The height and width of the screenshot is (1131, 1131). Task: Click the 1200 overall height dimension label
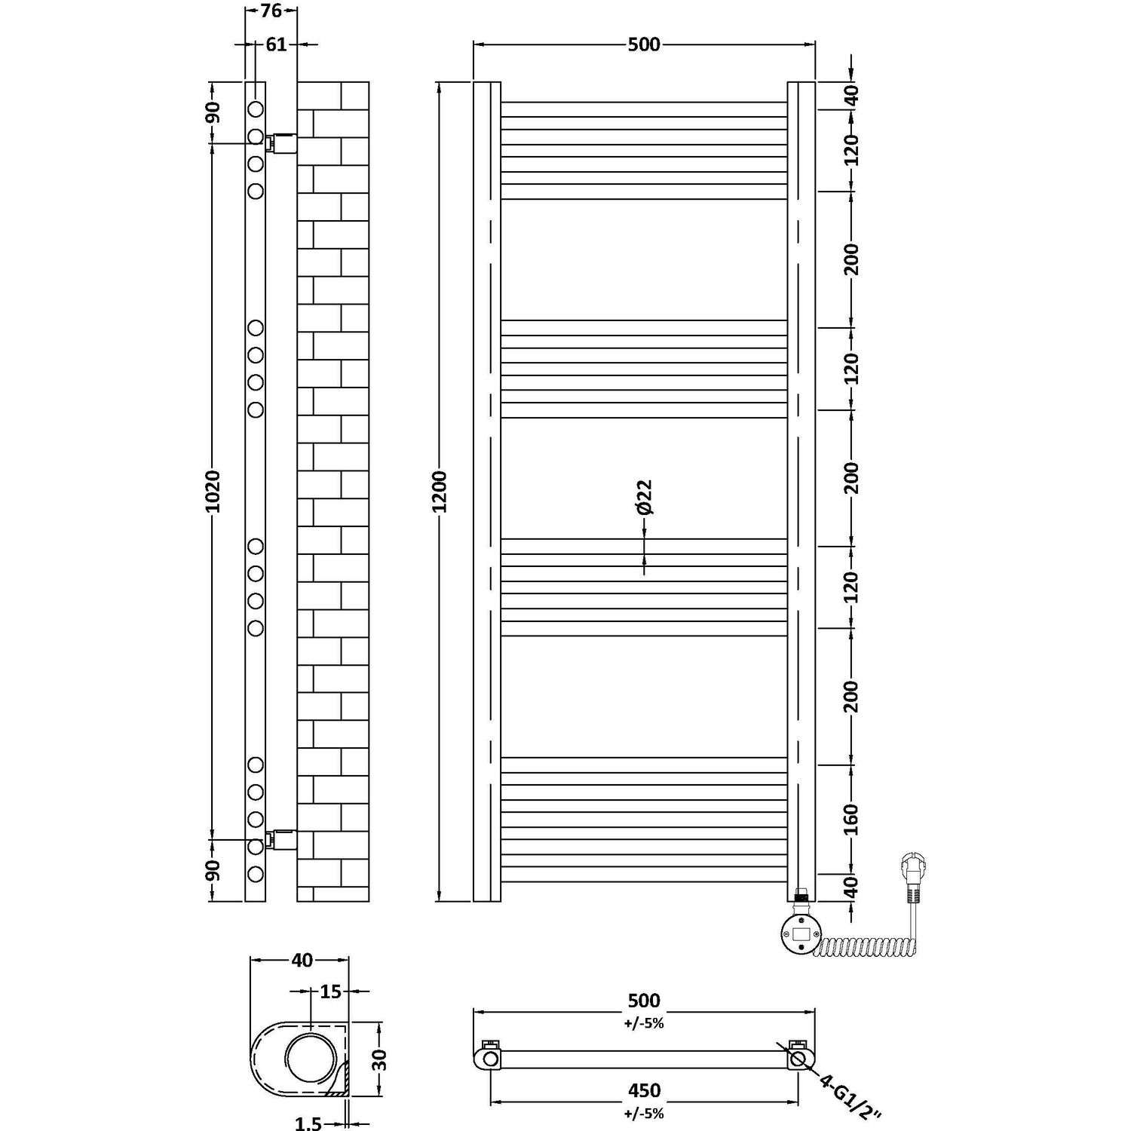[440, 492]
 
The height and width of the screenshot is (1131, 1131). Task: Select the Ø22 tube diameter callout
[644, 498]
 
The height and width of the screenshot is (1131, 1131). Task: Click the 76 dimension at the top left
[271, 11]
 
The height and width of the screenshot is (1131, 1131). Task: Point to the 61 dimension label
[276, 44]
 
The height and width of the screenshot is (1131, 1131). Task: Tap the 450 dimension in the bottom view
[644, 1090]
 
